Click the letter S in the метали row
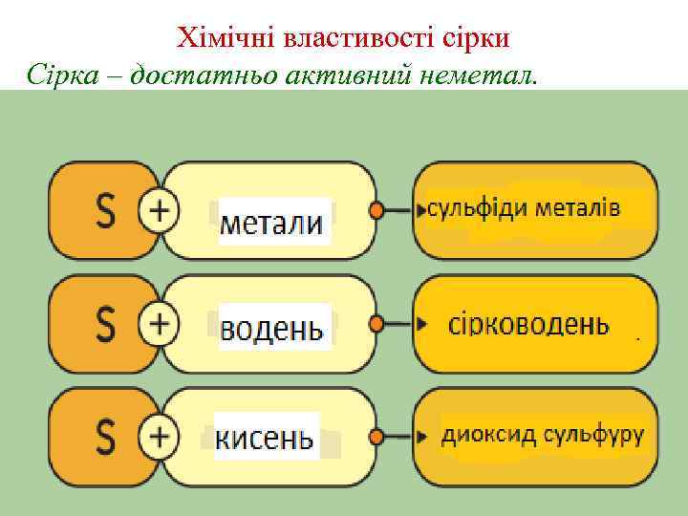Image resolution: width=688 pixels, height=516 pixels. (106, 211)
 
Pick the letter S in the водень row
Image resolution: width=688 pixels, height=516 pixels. (106, 324)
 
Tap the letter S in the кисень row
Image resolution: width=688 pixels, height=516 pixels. (106, 437)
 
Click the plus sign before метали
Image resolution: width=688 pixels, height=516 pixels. (159, 211)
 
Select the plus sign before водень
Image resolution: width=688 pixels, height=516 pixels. (159, 324)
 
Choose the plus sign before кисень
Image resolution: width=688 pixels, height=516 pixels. (159, 437)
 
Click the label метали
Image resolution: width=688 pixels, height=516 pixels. (271, 223)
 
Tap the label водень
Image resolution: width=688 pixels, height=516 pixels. (271, 329)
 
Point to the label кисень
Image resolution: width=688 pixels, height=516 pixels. (265, 438)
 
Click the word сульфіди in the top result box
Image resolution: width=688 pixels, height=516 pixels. (477, 208)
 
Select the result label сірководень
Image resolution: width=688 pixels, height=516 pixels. (528, 324)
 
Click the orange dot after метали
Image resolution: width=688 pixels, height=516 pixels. (376, 211)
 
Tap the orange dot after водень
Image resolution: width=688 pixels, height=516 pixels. (376, 324)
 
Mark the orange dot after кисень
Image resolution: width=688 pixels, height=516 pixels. (376, 437)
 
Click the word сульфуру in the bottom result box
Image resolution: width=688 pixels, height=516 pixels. (593, 436)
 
